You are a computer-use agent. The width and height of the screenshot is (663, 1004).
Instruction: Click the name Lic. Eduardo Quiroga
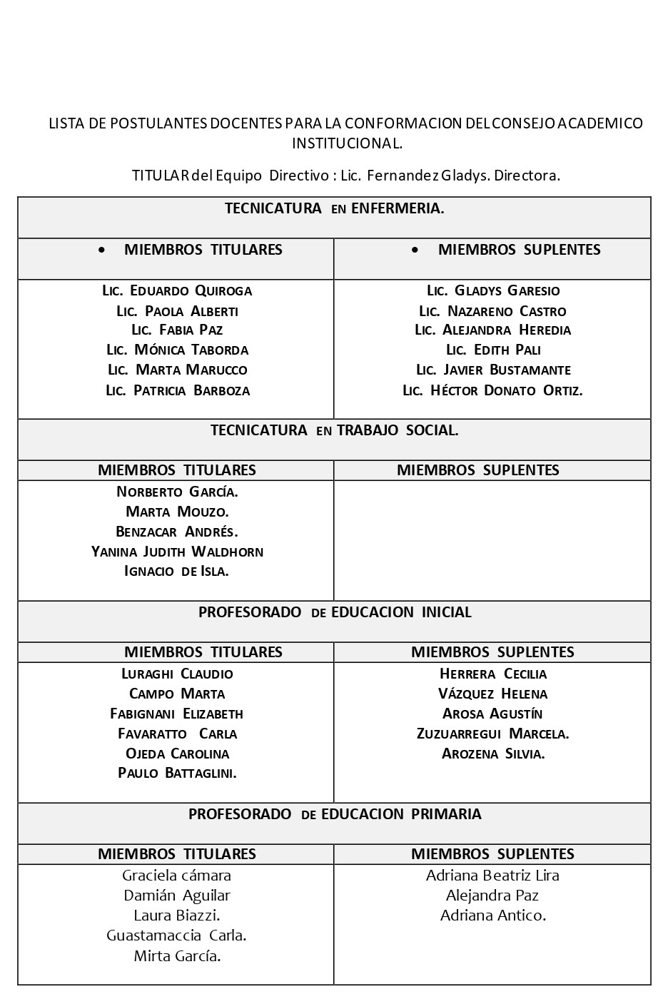[x=177, y=290]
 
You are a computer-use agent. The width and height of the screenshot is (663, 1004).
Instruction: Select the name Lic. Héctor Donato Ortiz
[x=492, y=390]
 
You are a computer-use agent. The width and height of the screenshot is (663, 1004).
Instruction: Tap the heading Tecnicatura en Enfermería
[x=334, y=208]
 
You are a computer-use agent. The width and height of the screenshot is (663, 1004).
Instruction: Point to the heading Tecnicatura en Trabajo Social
[x=334, y=430]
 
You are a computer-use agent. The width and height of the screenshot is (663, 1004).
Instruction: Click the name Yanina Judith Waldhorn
[x=177, y=552]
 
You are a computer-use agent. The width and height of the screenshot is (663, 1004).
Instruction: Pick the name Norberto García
[x=177, y=492]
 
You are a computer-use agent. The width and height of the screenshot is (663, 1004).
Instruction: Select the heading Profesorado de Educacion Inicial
[x=334, y=612]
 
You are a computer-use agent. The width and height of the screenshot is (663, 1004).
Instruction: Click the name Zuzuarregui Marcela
[x=492, y=734]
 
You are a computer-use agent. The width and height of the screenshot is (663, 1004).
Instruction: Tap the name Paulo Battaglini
[x=177, y=773]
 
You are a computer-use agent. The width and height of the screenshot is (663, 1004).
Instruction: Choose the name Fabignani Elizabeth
[x=177, y=714]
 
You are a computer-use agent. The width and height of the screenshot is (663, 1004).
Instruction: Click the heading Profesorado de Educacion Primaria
[x=334, y=814]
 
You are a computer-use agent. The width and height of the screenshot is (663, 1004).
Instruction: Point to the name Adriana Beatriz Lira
[x=492, y=876]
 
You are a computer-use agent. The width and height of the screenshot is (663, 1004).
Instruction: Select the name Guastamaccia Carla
[x=176, y=935]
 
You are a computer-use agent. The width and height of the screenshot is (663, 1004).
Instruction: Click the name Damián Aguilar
[x=177, y=896]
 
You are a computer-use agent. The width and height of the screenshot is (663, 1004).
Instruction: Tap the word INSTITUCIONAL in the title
[x=347, y=143]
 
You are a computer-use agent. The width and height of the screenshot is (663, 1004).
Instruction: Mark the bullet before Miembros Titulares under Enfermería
[x=103, y=250]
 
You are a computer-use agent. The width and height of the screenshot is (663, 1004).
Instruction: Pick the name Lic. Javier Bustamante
[x=493, y=370]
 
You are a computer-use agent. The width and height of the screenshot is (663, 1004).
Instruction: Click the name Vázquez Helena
[x=492, y=694]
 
